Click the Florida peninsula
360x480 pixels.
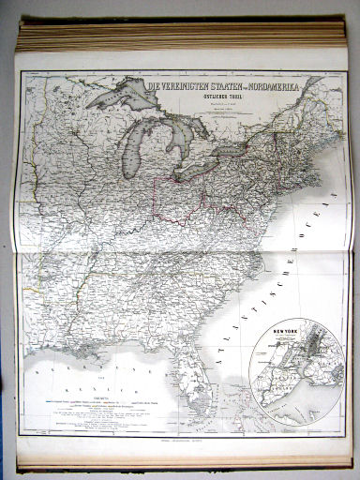(202, 384)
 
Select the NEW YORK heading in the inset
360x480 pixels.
(281, 331)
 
